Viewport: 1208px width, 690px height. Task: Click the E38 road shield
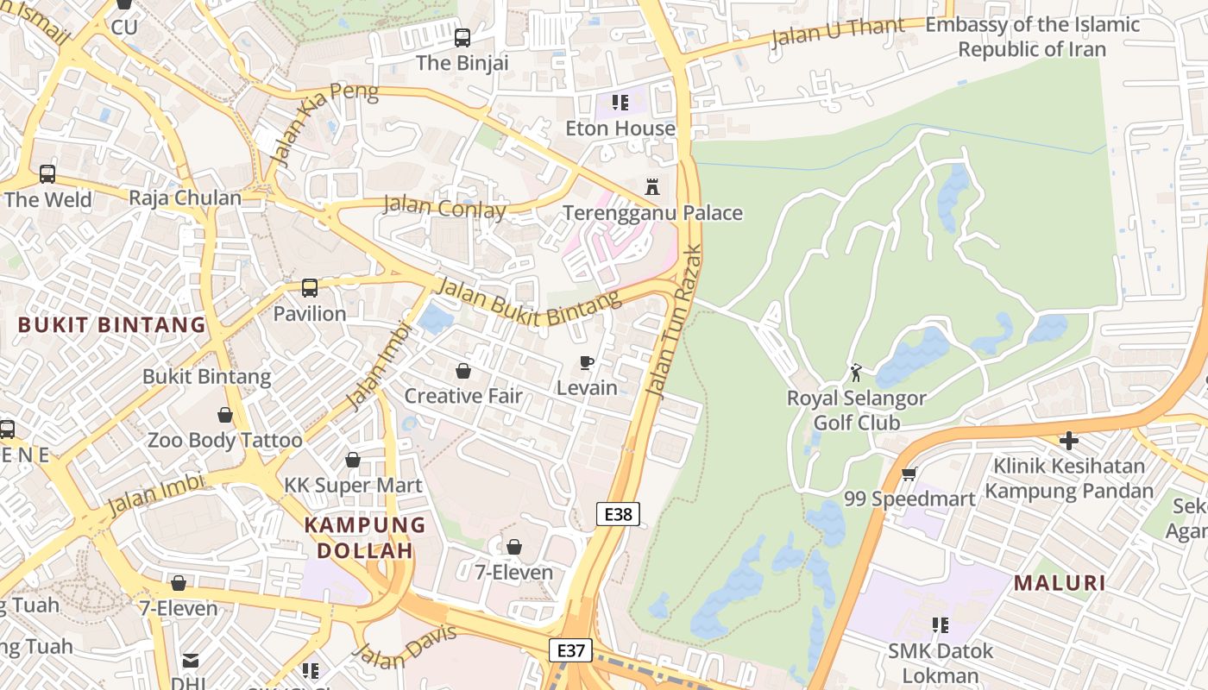point(618,515)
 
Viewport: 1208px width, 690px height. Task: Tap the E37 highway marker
point(570,650)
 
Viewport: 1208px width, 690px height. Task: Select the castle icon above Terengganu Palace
point(652,186)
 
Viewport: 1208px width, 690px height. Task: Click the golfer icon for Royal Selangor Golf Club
point(856,373)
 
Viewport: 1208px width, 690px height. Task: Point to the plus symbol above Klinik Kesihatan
point(1068,441)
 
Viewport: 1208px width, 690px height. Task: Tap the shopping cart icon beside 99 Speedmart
point(908,474)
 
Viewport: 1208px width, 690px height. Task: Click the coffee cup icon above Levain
point(587,362)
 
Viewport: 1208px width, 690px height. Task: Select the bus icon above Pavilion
point(310,288)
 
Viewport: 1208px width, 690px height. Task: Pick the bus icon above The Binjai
point(462,37)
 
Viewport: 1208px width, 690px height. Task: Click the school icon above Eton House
point(620,103)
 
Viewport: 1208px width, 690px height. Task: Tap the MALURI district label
point(1060,583)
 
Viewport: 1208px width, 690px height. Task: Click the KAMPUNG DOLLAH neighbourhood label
point(364,537)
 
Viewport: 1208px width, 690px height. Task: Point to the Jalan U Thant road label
point(837,32)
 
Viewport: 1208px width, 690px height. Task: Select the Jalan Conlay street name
point(444,207)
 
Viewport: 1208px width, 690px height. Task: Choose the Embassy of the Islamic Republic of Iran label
point(1032,37)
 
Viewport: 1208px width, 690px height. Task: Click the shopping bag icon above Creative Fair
point(463,371)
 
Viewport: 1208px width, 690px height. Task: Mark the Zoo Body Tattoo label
point(224,440)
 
